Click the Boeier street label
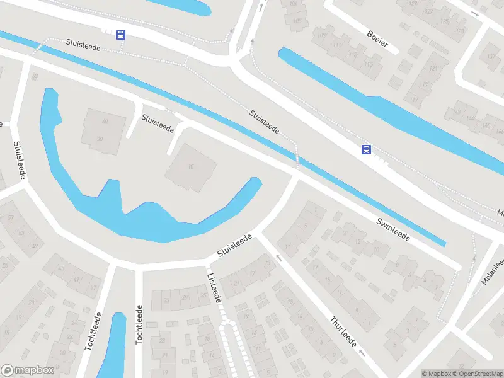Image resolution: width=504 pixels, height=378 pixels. tap(378, 39)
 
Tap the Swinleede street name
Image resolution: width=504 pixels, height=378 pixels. tap(394, 230)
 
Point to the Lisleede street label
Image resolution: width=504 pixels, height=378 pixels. tap(214, 287)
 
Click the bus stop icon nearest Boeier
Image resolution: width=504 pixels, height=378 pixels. tap(365, 149)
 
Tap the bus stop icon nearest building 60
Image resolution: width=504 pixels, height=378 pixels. tap(120, 35)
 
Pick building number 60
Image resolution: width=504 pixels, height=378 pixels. tap(105, 122)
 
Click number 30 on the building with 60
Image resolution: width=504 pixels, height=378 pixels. tap(100, 139)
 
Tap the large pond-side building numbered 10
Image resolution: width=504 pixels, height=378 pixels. tap(191, 167)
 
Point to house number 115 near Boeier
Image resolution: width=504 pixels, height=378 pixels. tap(352, 54)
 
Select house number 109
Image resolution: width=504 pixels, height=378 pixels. tap(323, 34)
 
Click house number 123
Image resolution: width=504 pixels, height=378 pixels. tap(461, 31)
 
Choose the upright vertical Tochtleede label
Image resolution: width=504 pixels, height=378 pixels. tap(139, 324)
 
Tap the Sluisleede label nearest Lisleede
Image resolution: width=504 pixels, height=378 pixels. tap(234, 245)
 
